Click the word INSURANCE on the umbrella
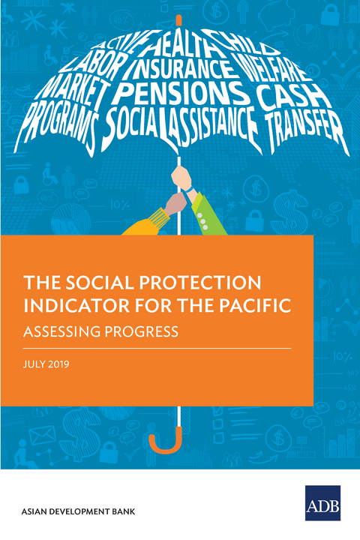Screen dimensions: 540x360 click(179, 70)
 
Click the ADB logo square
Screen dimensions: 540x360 click(322, 503)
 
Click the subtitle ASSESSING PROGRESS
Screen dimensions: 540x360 click(101, 331)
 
